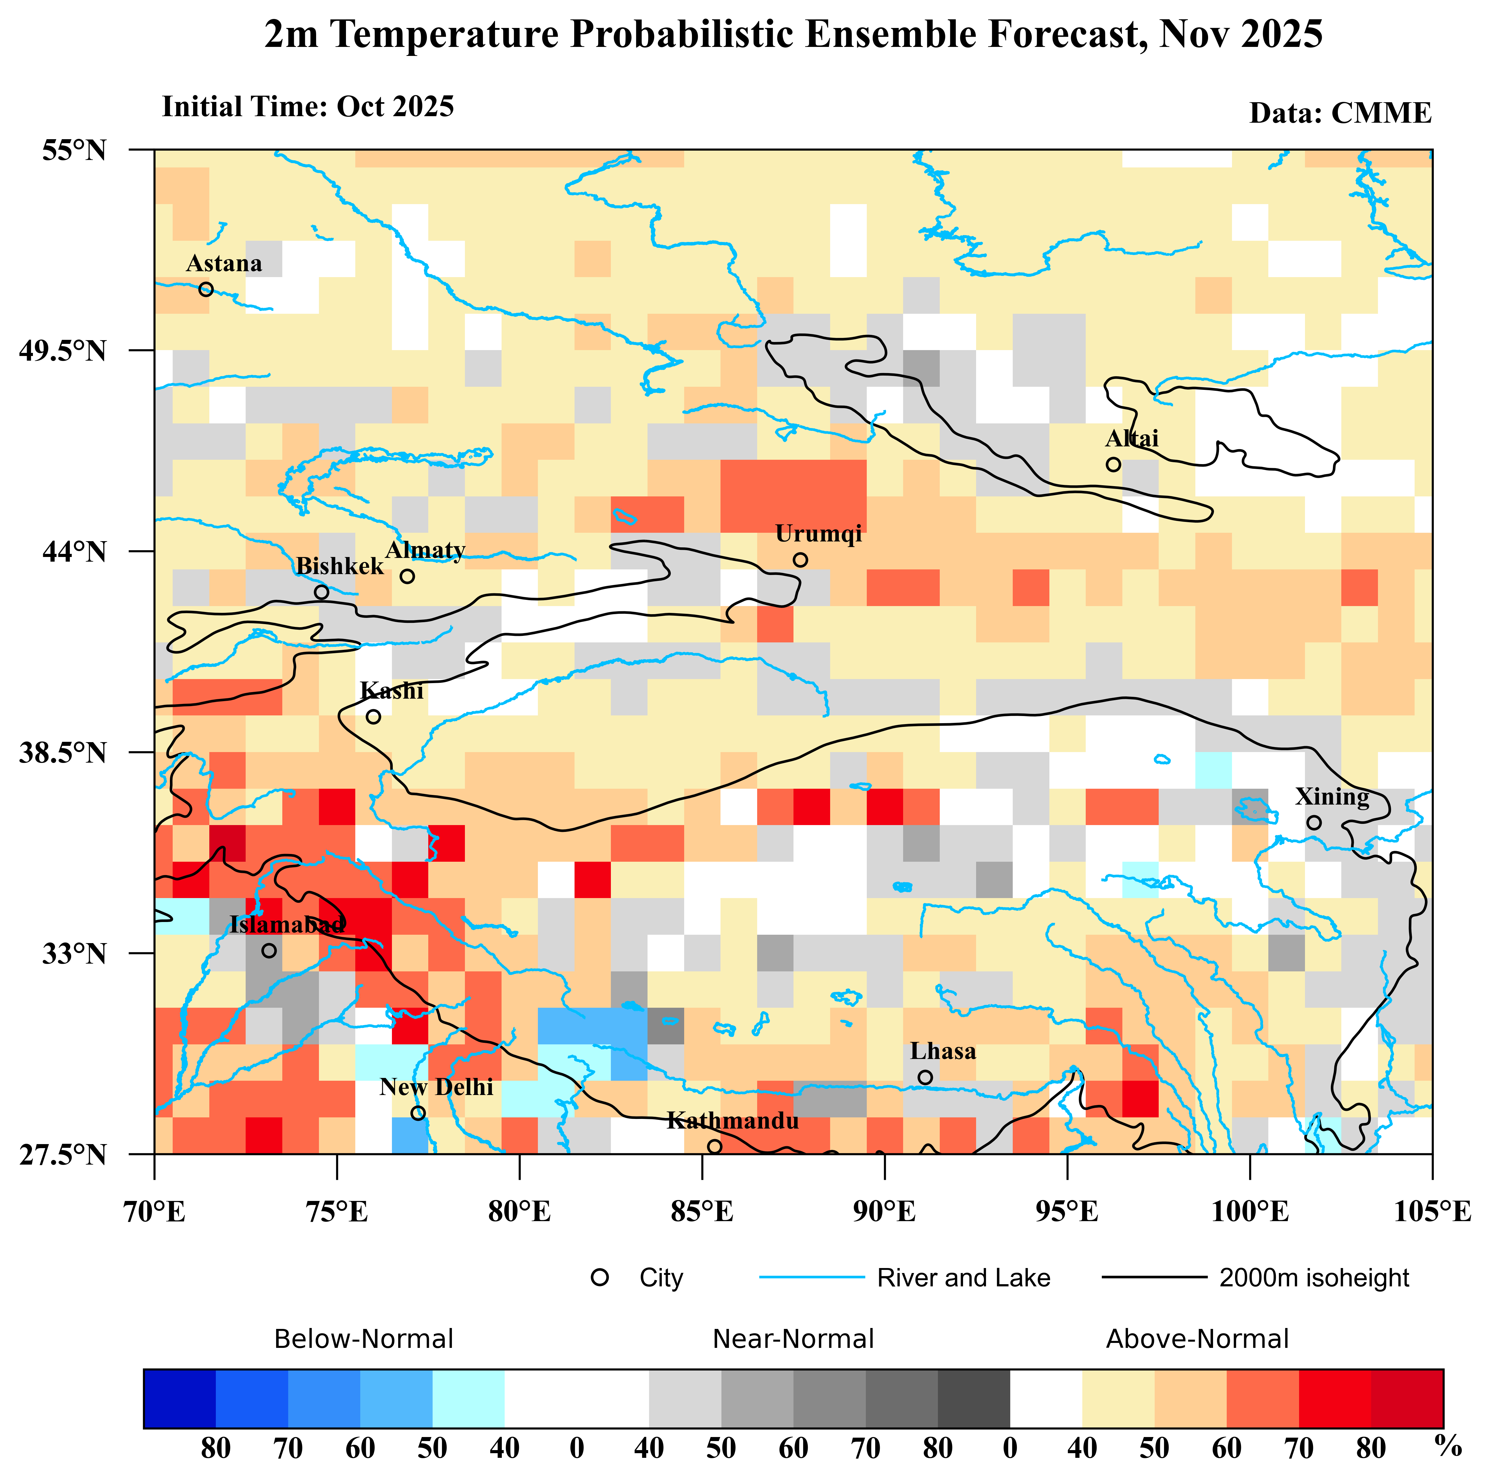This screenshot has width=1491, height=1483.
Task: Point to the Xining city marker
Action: point(1314,823)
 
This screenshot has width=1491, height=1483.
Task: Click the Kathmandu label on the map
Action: point(732,1121)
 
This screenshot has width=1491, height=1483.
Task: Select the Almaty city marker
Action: point(407,576)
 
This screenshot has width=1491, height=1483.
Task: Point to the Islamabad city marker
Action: point(269,950)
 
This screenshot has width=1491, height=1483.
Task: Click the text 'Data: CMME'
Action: point(1340,113)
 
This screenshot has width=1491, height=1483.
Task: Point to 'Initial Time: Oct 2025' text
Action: point(308,107)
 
